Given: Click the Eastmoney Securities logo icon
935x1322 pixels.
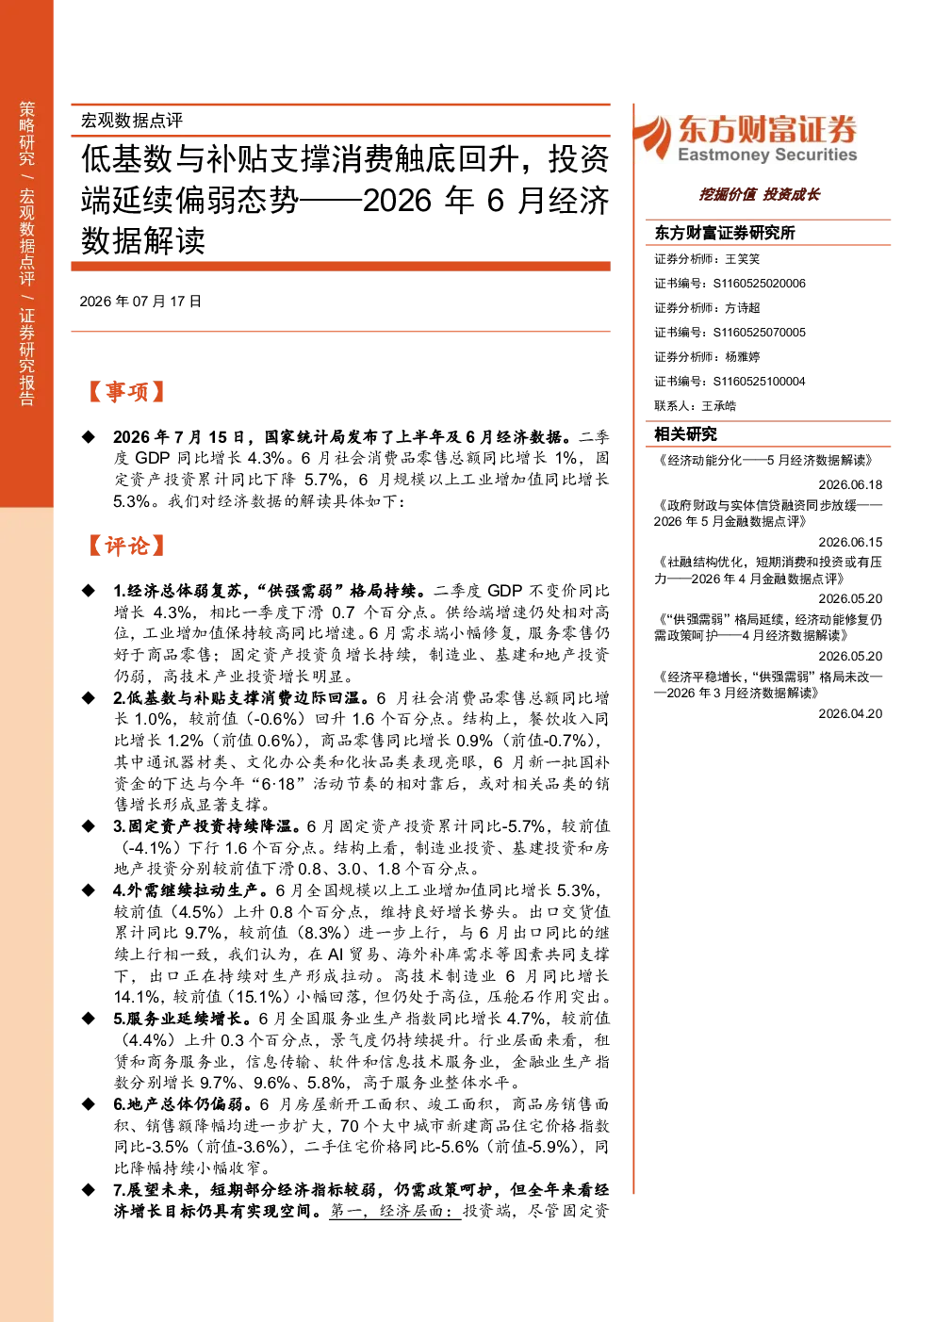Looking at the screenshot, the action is coord(654,137).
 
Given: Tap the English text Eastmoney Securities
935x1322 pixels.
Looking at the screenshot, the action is coord(767,155).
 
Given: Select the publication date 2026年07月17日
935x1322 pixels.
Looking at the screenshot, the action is coord(140,302).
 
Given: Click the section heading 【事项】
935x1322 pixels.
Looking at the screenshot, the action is coord(125,392).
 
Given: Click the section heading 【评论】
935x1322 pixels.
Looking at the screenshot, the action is coord(125,546).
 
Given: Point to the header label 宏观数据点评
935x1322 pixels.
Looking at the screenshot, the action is coord(132,121).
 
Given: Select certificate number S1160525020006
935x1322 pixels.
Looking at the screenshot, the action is coord(759,284).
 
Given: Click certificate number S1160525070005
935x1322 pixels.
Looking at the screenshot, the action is coord(759,333).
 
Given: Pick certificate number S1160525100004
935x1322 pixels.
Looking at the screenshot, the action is coord(759,382).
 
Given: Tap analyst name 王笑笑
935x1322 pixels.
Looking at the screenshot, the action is coord(742,259).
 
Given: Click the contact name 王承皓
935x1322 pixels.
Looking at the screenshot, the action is coord(719,406).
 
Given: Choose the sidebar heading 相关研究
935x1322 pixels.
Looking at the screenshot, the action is coord(685,434).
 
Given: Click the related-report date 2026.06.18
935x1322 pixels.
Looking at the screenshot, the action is coord(850,484).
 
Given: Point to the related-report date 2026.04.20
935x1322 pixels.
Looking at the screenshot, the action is coord(850,713).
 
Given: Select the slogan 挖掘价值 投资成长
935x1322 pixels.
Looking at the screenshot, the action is coord(759,194).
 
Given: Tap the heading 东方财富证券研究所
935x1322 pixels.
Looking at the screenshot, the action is coord(725,233).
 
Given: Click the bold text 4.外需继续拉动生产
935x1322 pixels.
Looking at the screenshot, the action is coord(190,890).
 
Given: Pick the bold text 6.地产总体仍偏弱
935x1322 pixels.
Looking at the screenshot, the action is coord(183,1103).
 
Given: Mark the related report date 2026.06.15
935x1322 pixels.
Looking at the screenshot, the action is coord(850,542).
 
